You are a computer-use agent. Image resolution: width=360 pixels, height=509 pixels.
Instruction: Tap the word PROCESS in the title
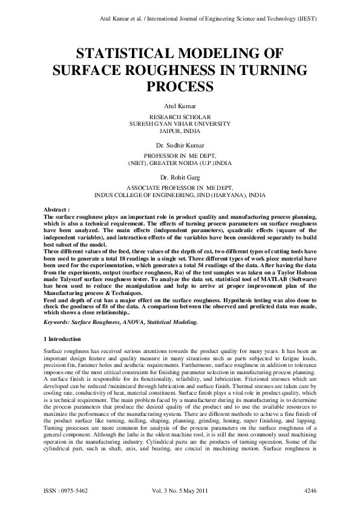point(180,86)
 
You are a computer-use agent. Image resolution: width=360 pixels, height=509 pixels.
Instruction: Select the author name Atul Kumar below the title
point(180,106)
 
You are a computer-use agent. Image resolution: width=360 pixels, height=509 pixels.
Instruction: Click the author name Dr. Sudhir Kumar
point(180,146)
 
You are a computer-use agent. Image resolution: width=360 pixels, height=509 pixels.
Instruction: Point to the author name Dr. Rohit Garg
point(180,178)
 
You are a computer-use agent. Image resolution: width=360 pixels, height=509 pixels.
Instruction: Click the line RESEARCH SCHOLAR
point(180,116)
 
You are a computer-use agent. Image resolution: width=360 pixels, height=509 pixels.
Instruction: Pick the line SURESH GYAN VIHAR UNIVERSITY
point(180,123)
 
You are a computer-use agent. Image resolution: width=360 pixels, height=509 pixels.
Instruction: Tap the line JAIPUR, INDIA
point(180,129)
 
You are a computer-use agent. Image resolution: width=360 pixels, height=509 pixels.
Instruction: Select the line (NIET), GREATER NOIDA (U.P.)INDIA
point(180,163)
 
